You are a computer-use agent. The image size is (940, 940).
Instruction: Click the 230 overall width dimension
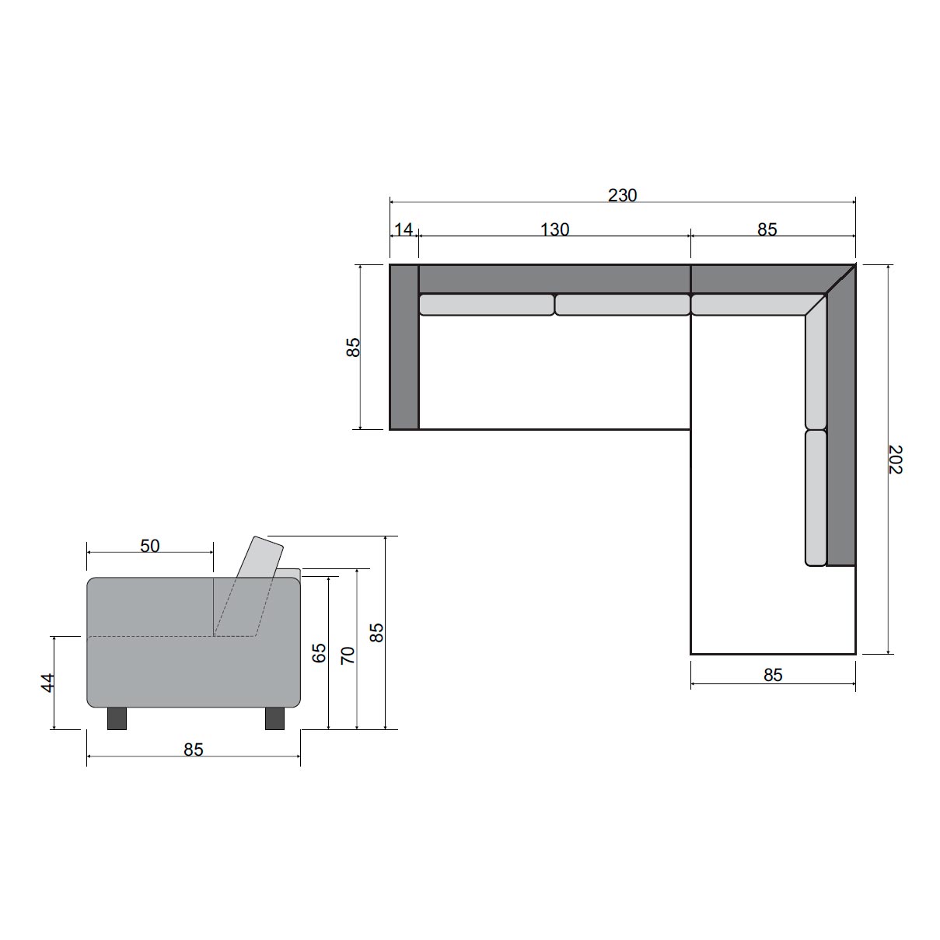[x=622, y=195]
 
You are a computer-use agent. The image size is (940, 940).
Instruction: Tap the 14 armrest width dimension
[x=404, y=229]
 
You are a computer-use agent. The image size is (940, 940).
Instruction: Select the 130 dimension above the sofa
[x=554, y=229]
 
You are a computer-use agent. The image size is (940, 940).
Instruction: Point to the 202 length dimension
[x=895, y=459]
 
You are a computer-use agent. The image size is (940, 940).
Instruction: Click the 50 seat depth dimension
[x=150, y=546]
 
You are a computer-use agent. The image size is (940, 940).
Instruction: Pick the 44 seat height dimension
[x=47, y=683]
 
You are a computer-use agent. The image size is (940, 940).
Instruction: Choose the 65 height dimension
[x=319, y=652]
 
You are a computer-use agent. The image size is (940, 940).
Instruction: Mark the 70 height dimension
[x=348, y=655]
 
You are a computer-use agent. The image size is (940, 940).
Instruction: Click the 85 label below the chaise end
[x=773, y=675]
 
